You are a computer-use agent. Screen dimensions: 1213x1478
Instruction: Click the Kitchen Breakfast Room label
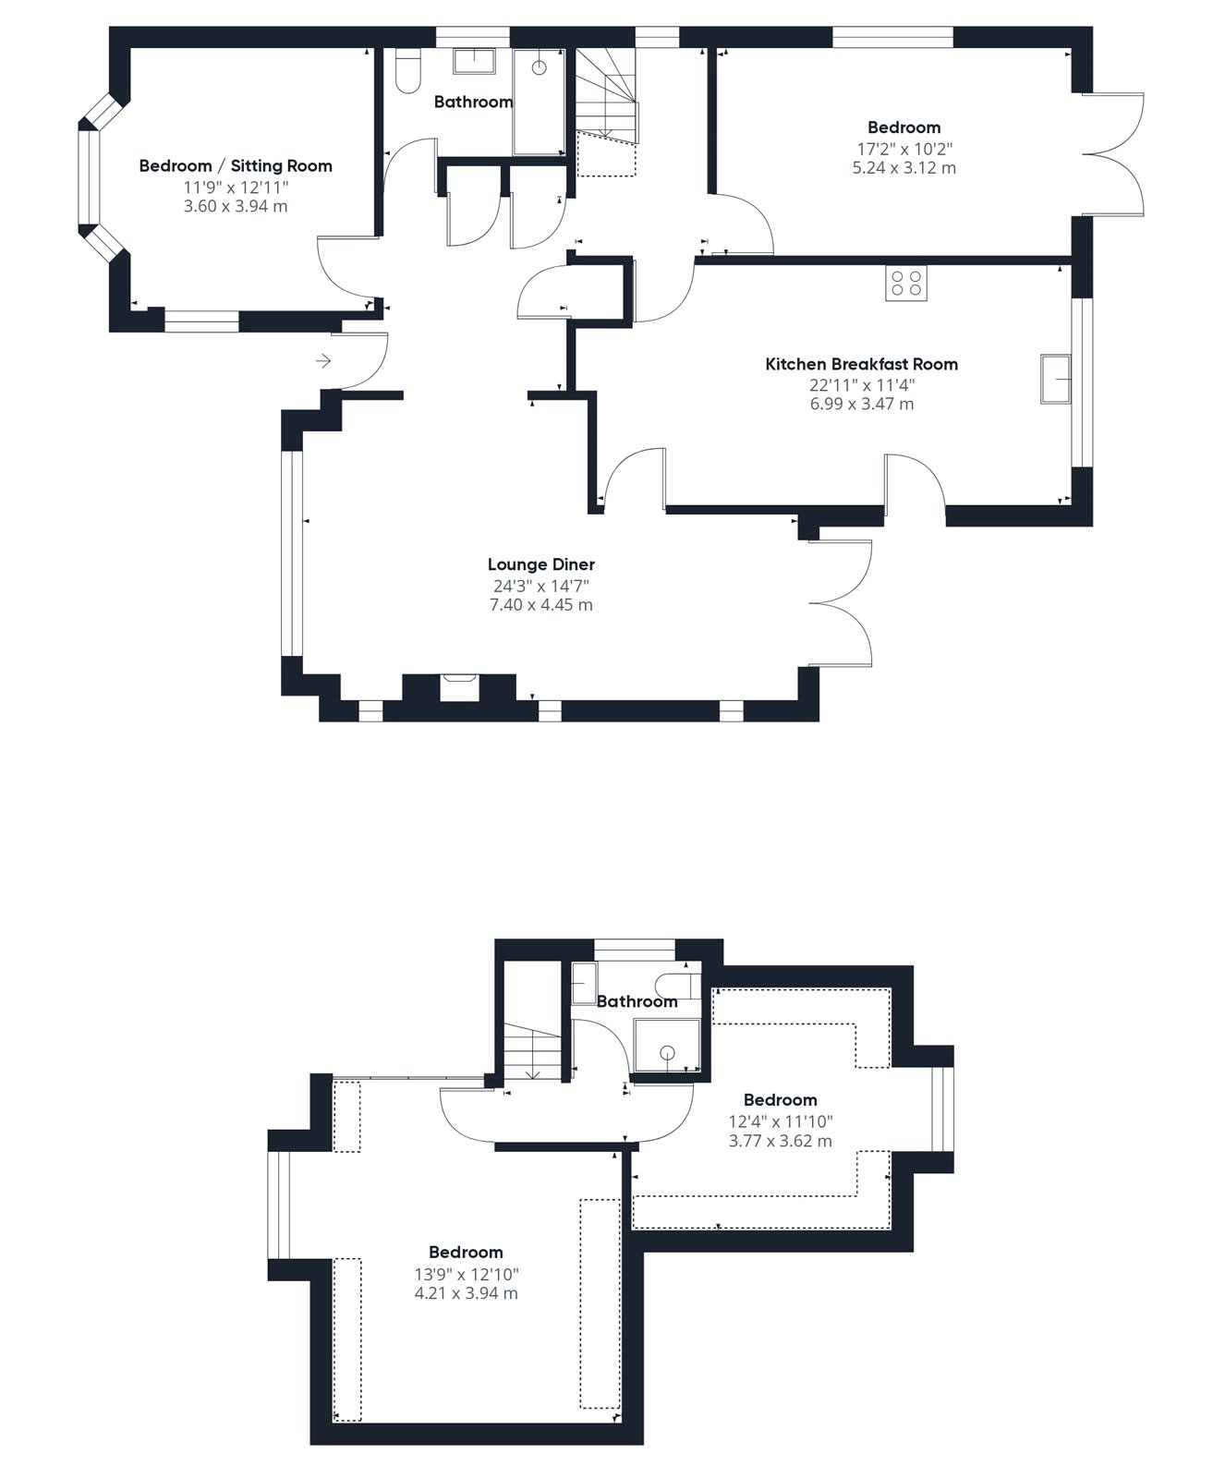coord(861,364)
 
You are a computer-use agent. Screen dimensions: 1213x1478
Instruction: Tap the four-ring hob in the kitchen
coord(906,283)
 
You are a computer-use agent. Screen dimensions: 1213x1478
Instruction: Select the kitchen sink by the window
coord(1055,379)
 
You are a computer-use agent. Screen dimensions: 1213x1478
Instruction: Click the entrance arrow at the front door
coord(322,361)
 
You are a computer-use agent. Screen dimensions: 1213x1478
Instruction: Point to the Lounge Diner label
coord(541,564)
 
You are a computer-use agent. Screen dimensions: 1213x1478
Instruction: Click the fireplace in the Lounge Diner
coord(459,686)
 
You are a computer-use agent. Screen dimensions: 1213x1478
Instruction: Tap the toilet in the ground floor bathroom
coord(407,71)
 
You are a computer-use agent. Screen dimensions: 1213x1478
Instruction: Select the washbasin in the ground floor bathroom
coord(475,61)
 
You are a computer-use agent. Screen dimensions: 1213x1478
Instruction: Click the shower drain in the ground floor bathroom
coord(539,68)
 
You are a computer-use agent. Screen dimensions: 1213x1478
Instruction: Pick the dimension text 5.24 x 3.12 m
coord(904,167)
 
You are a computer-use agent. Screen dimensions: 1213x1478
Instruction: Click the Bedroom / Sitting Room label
coord(236,166)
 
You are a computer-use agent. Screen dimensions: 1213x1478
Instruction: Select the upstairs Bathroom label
coord(637,1001)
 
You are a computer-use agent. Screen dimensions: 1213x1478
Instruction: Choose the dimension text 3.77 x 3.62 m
coord(780,1140)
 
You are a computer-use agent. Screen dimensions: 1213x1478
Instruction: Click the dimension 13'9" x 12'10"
coord(466,1274)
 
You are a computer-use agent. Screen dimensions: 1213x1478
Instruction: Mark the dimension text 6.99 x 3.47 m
coord(861,404)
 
